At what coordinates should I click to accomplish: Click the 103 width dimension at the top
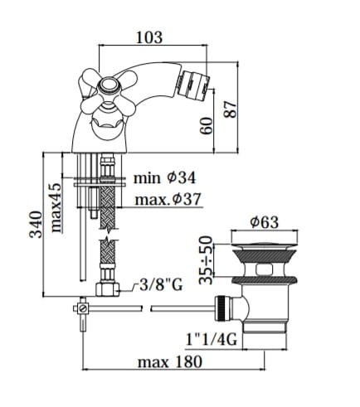pos(149,37)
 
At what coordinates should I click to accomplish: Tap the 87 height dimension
pos(230,109)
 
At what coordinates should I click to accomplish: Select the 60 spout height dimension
pos(207,126)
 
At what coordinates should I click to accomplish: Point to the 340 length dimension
pos(36,225)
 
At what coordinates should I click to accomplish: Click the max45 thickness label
pos(56,207)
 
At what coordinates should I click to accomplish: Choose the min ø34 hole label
pos(164,178)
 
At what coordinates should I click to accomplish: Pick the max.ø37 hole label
pos(168,199)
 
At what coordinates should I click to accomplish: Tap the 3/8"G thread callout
pos(161,285)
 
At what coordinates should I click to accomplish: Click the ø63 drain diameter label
pos(264,222)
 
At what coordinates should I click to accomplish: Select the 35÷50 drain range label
pos(207,260)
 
